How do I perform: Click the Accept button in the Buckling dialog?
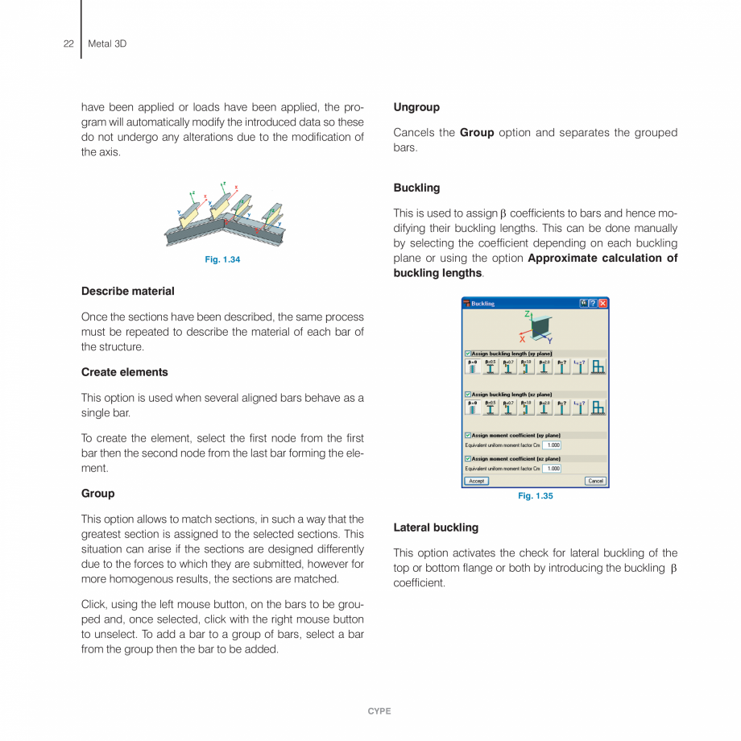point(476,481)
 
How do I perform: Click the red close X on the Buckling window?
point(603,303)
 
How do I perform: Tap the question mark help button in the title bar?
point(594,303)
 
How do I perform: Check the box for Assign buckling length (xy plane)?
point(468,354)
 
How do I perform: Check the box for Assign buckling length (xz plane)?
point(468,394)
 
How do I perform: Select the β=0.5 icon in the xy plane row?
point(491,366)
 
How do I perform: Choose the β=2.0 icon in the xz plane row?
point(544,407)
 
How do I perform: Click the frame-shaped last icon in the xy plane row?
point(598,366)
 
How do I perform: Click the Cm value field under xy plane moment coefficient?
point(552,445)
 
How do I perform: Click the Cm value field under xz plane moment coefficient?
point(552,468)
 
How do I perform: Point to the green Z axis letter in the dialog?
point(527,314)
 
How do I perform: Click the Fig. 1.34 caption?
point(222,259)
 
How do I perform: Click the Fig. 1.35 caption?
point(535,496)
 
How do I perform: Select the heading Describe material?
point(127,291)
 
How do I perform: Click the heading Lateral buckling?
point(435,528)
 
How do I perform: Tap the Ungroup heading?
point(416,107)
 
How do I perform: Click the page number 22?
point(68,43)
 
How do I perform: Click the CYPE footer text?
point(379,711)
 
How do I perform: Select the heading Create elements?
point(124,372)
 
